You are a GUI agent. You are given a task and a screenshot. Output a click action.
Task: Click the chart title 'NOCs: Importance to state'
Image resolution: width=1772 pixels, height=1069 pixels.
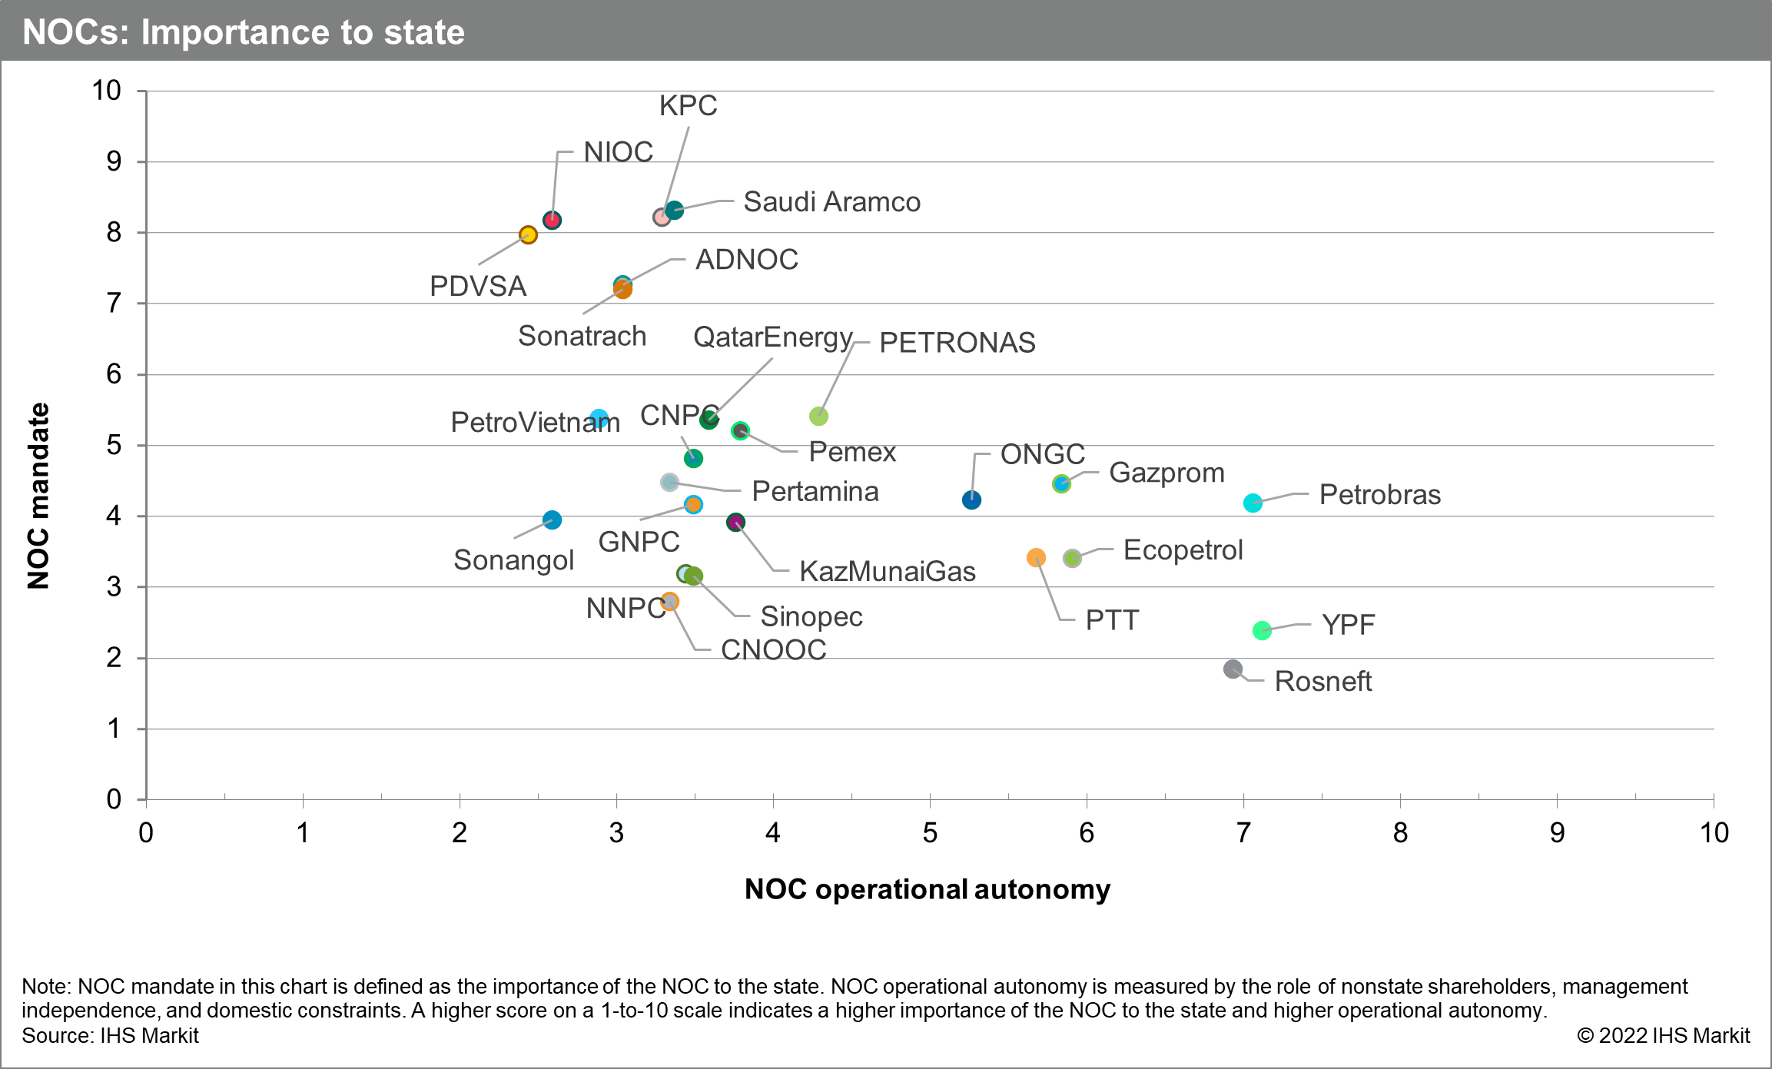[x=244, y=32]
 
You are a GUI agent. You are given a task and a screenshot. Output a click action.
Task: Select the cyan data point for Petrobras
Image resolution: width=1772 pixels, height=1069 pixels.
[x=1253, y=503]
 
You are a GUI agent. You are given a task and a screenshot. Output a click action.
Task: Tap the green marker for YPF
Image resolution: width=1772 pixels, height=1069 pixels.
[x=1262, y=630]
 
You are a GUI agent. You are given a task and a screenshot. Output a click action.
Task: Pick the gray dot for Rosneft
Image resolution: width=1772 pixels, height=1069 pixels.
[x=1233, y=669]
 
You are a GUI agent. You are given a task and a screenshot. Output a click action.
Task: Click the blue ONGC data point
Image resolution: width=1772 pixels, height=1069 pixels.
[x=971, y=500]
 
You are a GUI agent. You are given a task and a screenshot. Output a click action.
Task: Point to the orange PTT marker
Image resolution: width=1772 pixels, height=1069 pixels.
[x=1036, y=557]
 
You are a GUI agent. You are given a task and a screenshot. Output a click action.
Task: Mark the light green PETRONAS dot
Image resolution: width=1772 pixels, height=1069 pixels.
[x=818, y=416]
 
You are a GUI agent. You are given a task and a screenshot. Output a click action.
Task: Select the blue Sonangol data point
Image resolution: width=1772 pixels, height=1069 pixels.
[x=552, y=520]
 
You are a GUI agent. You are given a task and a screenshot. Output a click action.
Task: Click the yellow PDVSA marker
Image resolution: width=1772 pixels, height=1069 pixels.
[x=528, y=234]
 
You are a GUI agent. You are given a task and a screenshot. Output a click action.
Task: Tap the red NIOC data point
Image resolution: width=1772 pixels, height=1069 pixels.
[x=552, y=221]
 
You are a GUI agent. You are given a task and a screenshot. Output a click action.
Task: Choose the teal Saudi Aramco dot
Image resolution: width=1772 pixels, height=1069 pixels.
[x=675, y=210]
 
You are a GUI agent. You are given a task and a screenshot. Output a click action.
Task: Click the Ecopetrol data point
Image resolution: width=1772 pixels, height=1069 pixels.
[x=1072, y=558]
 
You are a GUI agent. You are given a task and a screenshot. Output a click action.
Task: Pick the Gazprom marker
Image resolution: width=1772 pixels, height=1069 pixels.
[x=1061, y=483]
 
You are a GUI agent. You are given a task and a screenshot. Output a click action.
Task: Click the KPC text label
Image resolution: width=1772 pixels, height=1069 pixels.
[x=688, y=106]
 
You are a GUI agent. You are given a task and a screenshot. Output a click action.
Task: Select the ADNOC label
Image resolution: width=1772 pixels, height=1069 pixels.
[x=746, y=260]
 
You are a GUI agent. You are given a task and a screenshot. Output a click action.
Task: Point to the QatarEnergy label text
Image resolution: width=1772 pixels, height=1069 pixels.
[x=773, y=337]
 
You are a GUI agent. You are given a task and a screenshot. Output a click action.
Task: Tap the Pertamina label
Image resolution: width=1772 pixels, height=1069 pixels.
[x=815, y=491]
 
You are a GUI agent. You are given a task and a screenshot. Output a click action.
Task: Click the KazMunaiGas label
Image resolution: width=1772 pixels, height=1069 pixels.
[x=888, y=571]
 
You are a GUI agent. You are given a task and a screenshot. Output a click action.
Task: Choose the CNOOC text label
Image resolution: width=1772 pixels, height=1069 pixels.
[x=773, y=649]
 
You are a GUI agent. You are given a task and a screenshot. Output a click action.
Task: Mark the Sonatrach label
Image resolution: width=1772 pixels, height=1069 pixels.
[x=582, y=336]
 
